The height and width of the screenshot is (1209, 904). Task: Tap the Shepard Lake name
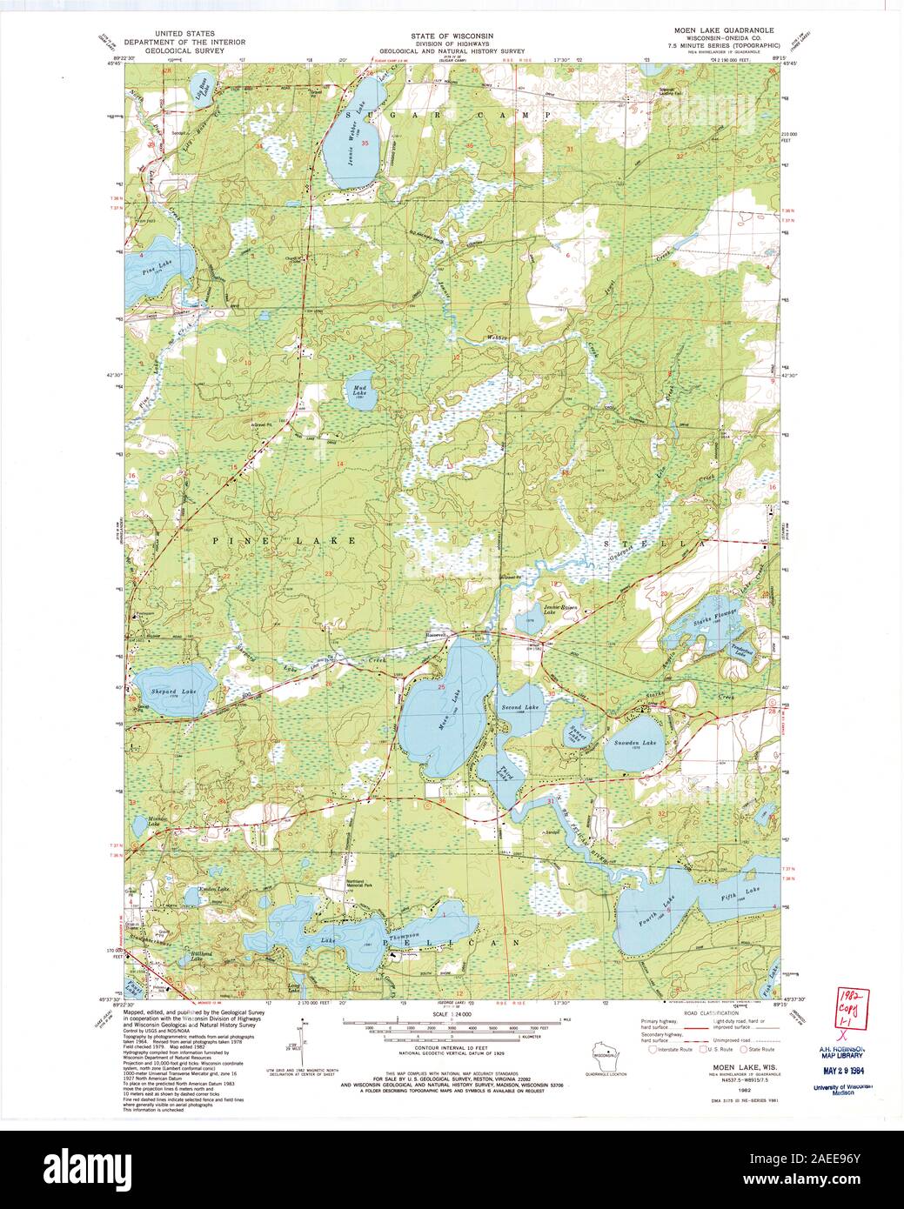[174, 690]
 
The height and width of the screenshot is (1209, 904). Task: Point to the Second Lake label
[520, 708]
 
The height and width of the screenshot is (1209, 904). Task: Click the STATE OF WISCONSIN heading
[452, 36]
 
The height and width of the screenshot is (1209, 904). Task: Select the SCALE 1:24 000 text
[452, 1014]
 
